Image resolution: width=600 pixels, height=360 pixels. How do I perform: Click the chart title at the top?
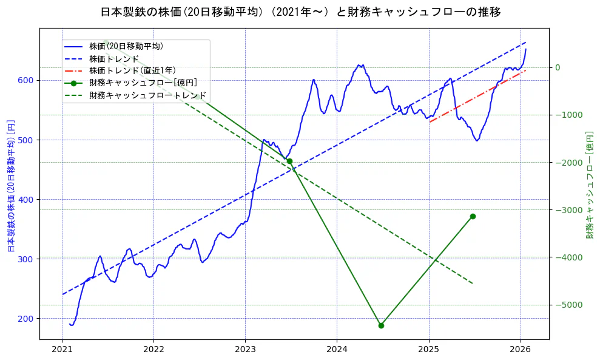point(300,12)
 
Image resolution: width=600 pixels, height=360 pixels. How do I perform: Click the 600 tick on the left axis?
point(28,80)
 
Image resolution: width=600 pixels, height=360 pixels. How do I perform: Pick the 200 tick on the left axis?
point(28,318)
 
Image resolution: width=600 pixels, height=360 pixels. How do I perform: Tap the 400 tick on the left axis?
point(28,199)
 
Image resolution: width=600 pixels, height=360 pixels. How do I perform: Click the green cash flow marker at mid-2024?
point(381,325)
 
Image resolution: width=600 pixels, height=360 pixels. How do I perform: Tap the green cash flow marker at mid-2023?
point(289,161)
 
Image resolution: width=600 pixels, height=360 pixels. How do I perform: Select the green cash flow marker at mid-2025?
point(473,216)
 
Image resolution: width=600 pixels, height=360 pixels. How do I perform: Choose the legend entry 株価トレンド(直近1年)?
point(132,70)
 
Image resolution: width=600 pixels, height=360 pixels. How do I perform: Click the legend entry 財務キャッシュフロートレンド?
point(147,95)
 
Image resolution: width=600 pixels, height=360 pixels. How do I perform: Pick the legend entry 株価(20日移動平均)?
point(126,46)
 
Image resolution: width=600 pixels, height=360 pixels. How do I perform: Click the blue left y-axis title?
point(10,186)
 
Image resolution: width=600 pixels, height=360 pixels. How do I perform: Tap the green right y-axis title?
point(589,185)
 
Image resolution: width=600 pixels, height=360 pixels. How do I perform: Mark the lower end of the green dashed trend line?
point(472,283)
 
